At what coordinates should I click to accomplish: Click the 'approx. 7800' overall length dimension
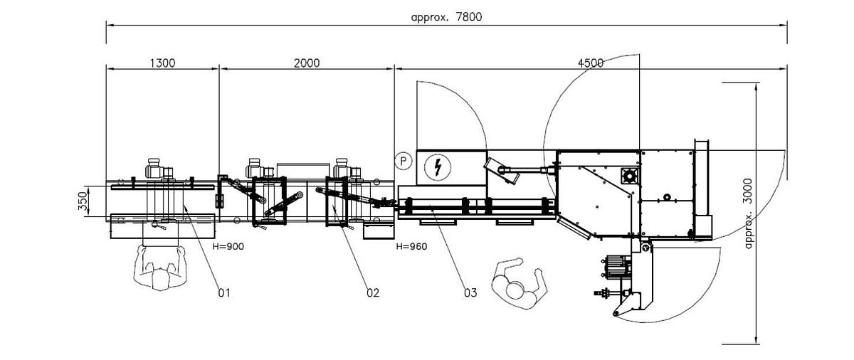pos(446,17)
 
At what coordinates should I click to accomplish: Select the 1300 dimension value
pos(162,63)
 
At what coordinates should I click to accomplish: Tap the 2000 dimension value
pos(306,63)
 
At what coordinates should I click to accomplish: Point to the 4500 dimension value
pos(590,63)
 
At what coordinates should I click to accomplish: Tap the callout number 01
pos(225,292)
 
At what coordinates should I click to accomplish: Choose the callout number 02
pos(373,292)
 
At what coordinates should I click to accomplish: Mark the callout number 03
pos(470,292)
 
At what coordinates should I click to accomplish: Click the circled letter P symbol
pos(404,161)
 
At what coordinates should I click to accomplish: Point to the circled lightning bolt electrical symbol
pos(436,167)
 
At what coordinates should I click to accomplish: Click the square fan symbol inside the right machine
pos(629,174)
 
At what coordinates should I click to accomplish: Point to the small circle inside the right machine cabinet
pos(667,196)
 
